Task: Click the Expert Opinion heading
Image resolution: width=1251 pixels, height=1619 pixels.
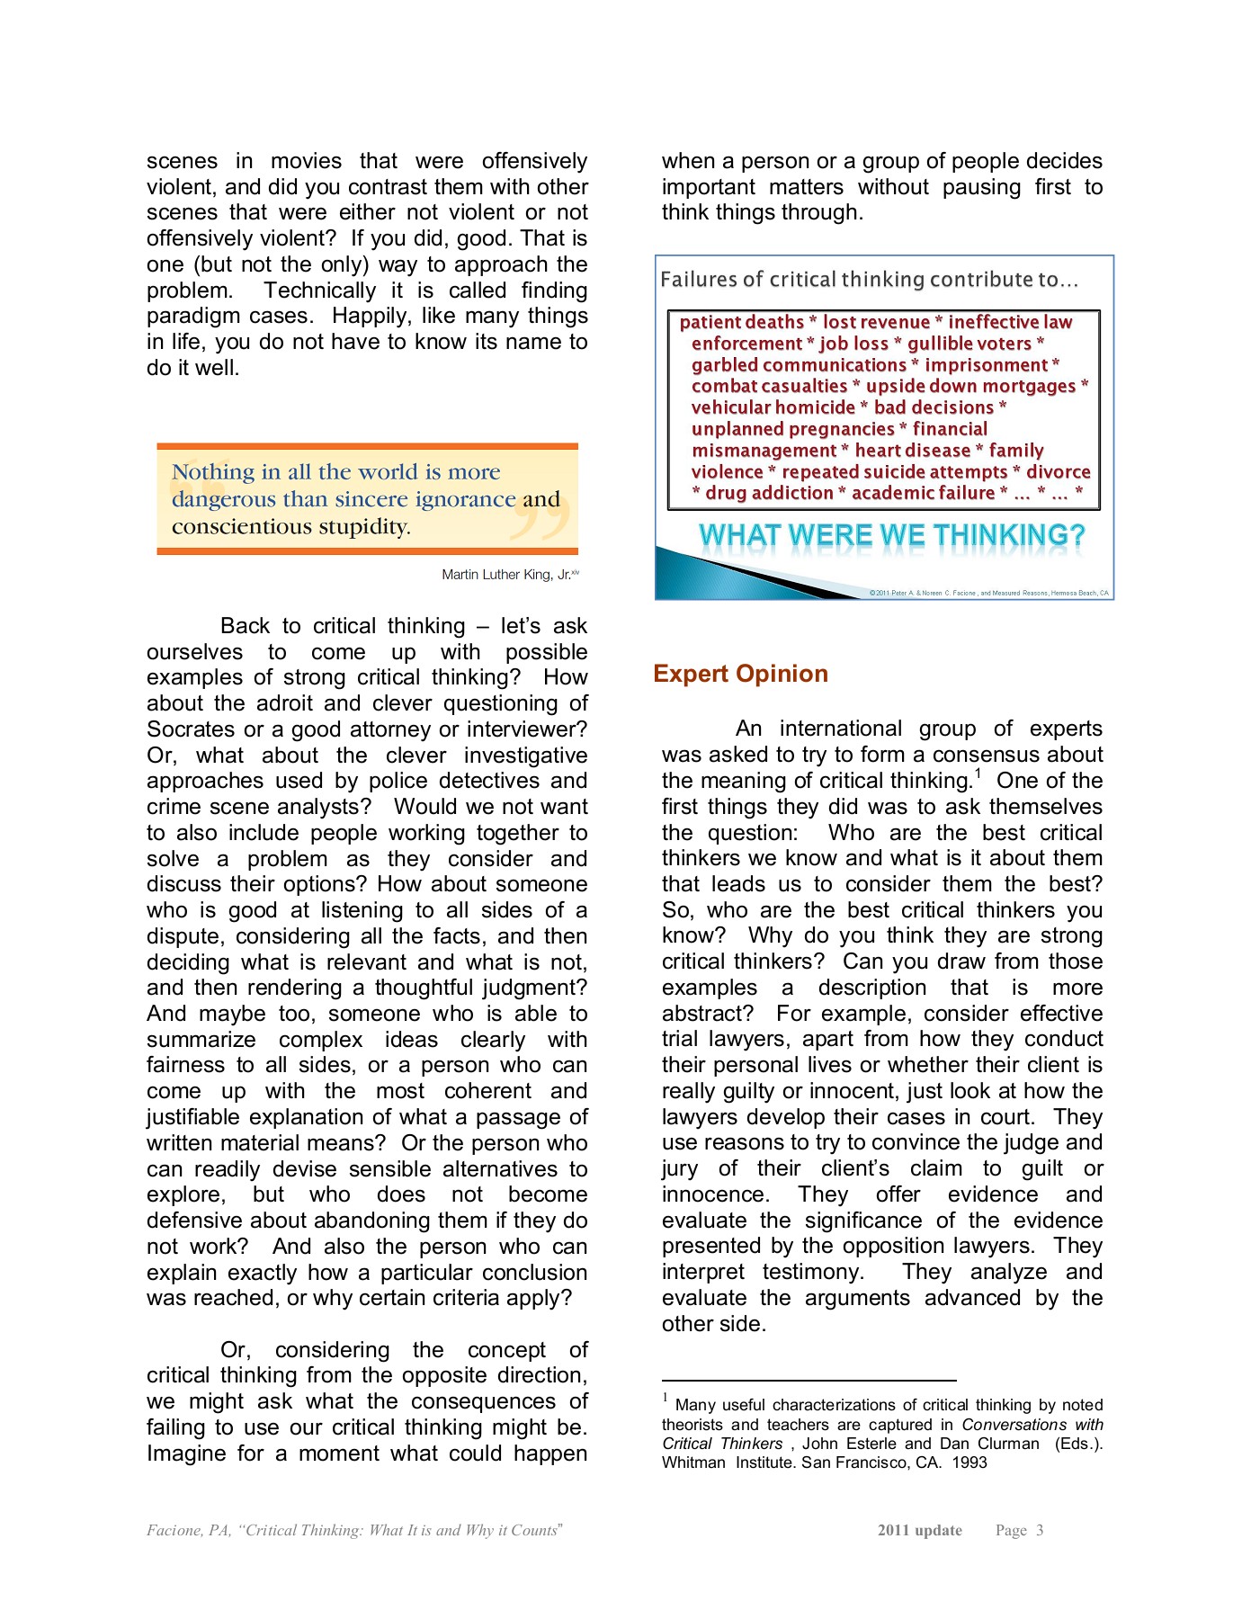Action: (740, 674)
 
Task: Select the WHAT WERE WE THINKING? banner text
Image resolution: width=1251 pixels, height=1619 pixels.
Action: (891, 535)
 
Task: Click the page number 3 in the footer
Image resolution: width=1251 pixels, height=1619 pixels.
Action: (1039, 1530)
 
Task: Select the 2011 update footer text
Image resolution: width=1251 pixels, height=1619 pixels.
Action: (919, 1530)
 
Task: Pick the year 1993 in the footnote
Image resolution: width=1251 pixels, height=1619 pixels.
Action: (970, 1462)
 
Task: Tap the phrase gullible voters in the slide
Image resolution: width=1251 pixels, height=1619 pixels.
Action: (969, 344)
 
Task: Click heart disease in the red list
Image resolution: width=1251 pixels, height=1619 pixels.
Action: (912, 451)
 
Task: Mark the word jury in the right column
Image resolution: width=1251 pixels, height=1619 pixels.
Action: (679, 1168)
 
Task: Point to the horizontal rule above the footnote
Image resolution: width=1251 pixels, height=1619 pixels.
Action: (809, 1380)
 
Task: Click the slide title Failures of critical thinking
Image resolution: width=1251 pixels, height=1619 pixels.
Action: (869, 280)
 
